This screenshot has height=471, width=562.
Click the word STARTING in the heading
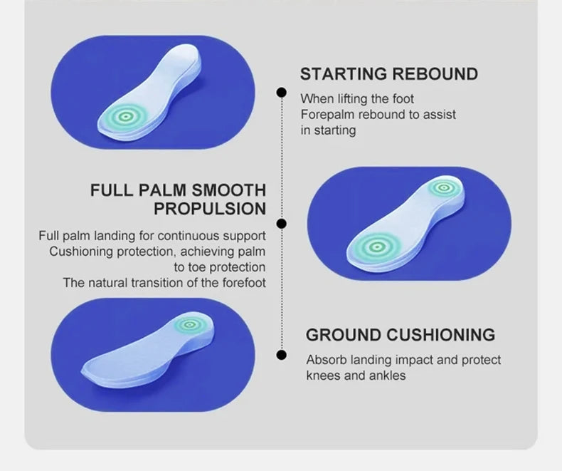pyautogui.click(x=344, y=74)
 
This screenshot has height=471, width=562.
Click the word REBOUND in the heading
pyautogui.click(x=435, y=74)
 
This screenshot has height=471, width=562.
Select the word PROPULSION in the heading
pyautogui.click(x=210, y=209)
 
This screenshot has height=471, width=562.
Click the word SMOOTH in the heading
pyautogui.click(x=228, y=190)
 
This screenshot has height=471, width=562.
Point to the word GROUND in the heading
pyautogui.click(x=344, y=335)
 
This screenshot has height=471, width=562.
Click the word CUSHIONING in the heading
pyautogui.click(x=441, y=335)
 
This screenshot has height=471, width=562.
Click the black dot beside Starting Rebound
pyautogui.click(x=282, y=92)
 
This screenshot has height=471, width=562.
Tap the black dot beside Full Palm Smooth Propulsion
pyautogui.click(x=282, y=224)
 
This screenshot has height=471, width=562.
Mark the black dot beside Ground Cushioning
pyautogui.click(x=282, y=355)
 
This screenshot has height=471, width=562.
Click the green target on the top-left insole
pyautogui.click(x=125, y=116)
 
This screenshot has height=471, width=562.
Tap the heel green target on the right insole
pyautogui.click(x=444, y=187)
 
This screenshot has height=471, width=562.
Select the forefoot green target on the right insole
pyautogui.click(x=377, y=247)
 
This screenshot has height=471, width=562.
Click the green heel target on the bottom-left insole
pyautogui.click(x=190, y=325)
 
